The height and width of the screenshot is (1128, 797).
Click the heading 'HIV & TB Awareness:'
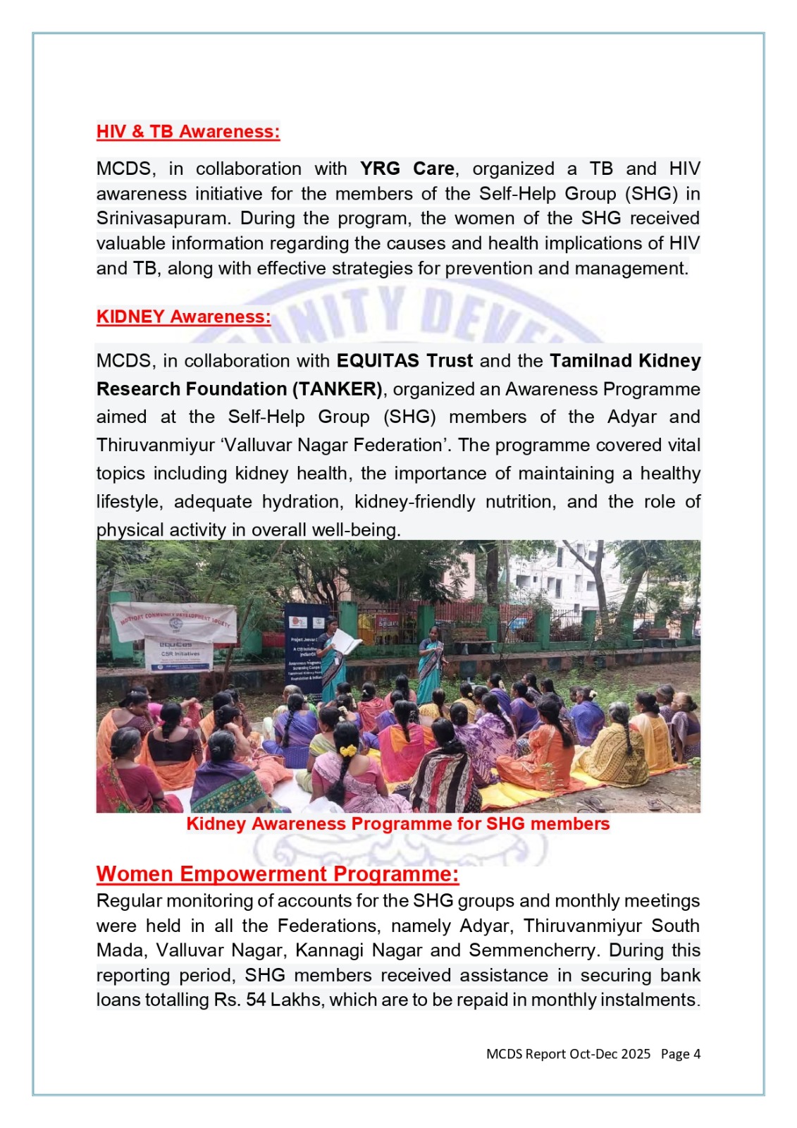tap(188, 132)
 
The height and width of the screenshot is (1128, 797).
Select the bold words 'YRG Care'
tap(407, 169)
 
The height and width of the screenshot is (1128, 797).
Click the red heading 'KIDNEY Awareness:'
tap(183, 317)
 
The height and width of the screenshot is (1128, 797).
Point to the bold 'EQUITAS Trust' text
tap(404, 361)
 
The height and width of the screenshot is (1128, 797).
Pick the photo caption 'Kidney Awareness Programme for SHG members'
tap(397, 824)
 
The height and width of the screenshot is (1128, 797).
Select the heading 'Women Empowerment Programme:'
tap(278, 874)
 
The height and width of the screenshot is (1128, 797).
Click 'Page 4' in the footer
tap(680, 1054)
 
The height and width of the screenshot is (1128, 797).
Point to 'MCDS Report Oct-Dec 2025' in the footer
tap(568, 1054)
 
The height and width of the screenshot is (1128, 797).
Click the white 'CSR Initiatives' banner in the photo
tap(178, 654)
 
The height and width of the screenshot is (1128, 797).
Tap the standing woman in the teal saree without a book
tap(430, 663)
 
